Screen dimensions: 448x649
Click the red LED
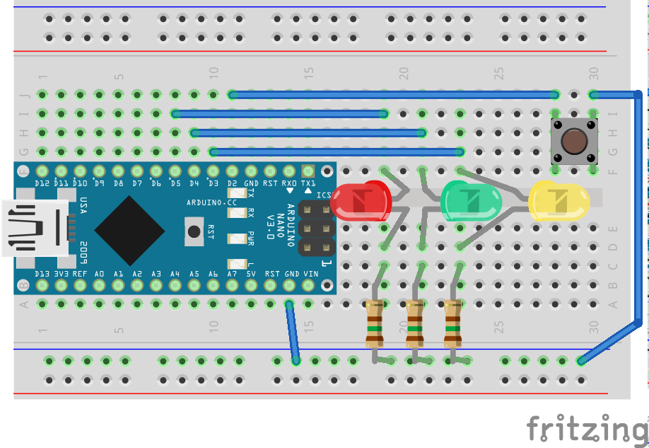pos(361,201)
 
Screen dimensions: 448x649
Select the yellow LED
pos(559,200)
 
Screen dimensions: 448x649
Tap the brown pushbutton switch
pos(573,141)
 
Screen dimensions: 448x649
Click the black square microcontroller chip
pos(130,228)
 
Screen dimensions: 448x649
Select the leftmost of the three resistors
pos(374,323)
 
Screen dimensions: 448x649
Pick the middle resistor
pos(414,323)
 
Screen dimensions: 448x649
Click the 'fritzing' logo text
pos(587,428)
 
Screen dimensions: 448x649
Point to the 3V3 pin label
pos(62,273)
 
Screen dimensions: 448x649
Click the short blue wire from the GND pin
pos(293,333)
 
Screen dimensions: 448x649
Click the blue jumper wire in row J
pos(392,94)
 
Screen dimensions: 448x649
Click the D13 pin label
pos(42,273)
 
